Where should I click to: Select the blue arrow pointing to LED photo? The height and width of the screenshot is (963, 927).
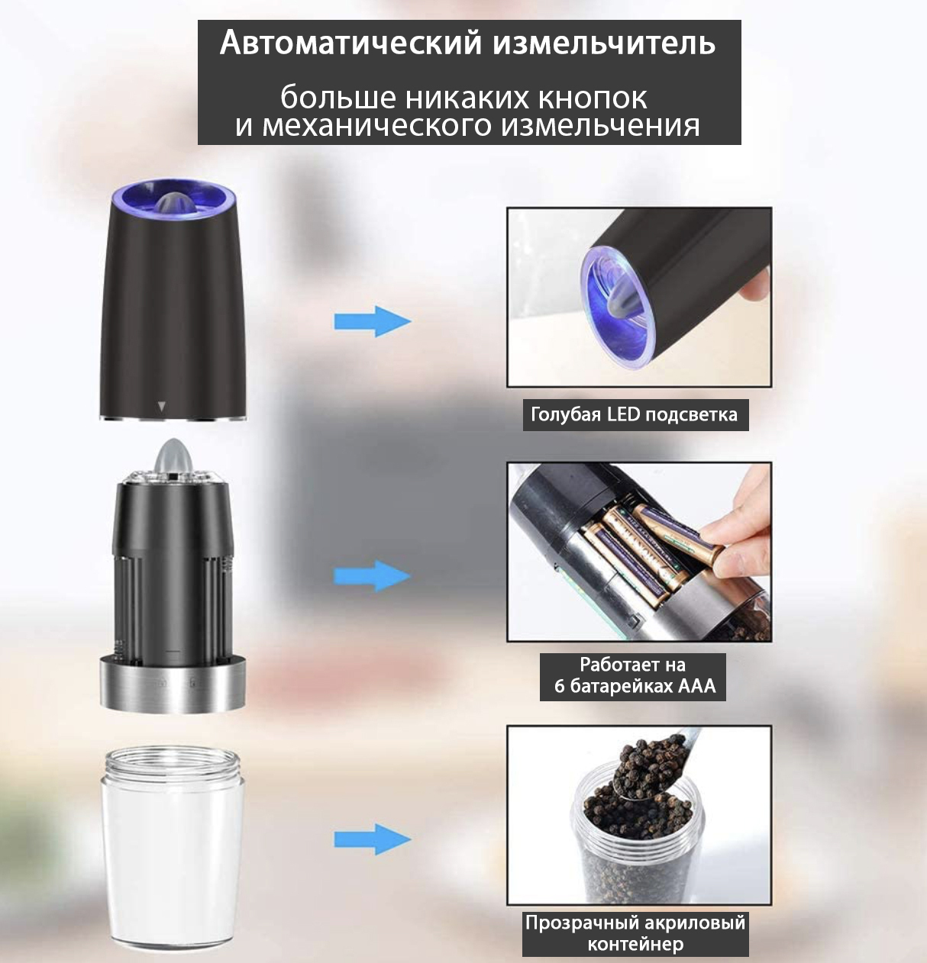coord(373,321)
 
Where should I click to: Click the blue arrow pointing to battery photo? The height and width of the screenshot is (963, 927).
coord(373,575)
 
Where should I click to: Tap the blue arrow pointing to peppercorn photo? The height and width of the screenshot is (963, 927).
coord(373,839)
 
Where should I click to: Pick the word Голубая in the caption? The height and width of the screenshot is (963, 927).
coord(566,415)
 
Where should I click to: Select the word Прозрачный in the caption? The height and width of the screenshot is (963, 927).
coord(578,923)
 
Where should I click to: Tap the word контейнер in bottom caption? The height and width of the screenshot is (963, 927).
coord(636,944)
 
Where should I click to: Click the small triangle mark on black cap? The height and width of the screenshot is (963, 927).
coord(161,407)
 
